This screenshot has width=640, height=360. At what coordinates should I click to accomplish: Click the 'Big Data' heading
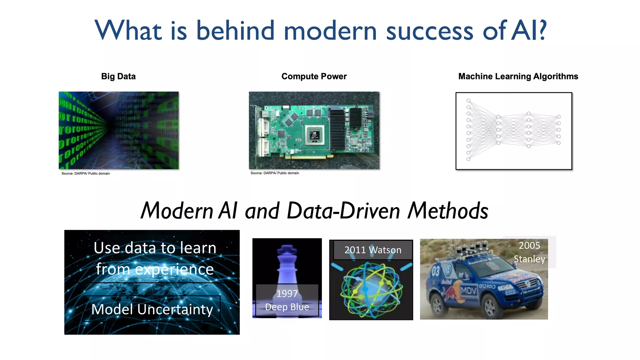[118, 76]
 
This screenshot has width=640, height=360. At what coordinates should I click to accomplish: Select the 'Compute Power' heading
[314, 76]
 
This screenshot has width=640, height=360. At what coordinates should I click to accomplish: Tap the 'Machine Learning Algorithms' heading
[518, 76]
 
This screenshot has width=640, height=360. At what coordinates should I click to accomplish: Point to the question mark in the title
[542, 30]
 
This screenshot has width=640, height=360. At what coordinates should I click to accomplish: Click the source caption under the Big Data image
[86, 173]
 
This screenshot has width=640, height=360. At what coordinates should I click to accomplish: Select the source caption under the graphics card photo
[275, 173]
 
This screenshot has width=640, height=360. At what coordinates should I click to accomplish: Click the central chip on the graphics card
[314, 135]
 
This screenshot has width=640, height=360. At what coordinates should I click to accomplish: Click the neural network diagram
[513, 131]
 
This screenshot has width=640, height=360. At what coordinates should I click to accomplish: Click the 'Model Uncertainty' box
[152, 309]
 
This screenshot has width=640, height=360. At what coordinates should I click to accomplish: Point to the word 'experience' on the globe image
[174, 269]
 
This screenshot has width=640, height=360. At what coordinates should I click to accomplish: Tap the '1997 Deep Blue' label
[287, 300]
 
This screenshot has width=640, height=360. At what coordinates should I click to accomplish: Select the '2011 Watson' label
[372, 250]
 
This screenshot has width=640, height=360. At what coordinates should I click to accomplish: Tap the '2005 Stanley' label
[529, 252]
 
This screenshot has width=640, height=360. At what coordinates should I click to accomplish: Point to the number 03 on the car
[436, 271]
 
